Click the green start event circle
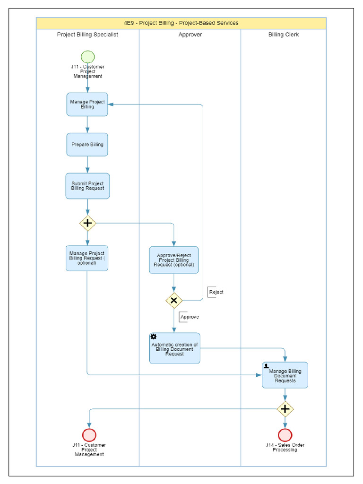[87, 56]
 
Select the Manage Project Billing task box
[87, 104]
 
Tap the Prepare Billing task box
[87, 145]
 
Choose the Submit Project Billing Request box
[87, 186]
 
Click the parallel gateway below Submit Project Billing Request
[87, 223]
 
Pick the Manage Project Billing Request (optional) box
[87, 258]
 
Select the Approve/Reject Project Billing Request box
[174, 260]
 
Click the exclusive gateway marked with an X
[174, 300]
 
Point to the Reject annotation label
[216, 292]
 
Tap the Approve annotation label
[189, 317]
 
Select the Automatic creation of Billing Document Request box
[174, 348]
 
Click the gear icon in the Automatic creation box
[154, 337]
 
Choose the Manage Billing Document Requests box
[285, 375]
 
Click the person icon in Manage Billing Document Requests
[267, 366]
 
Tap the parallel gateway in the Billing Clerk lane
[285, 409]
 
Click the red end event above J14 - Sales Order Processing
[285, 435]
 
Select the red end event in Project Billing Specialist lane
[89, 435]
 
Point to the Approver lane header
[190, 35]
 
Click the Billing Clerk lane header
[283, 35]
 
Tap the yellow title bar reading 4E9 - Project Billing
[181, 23]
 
